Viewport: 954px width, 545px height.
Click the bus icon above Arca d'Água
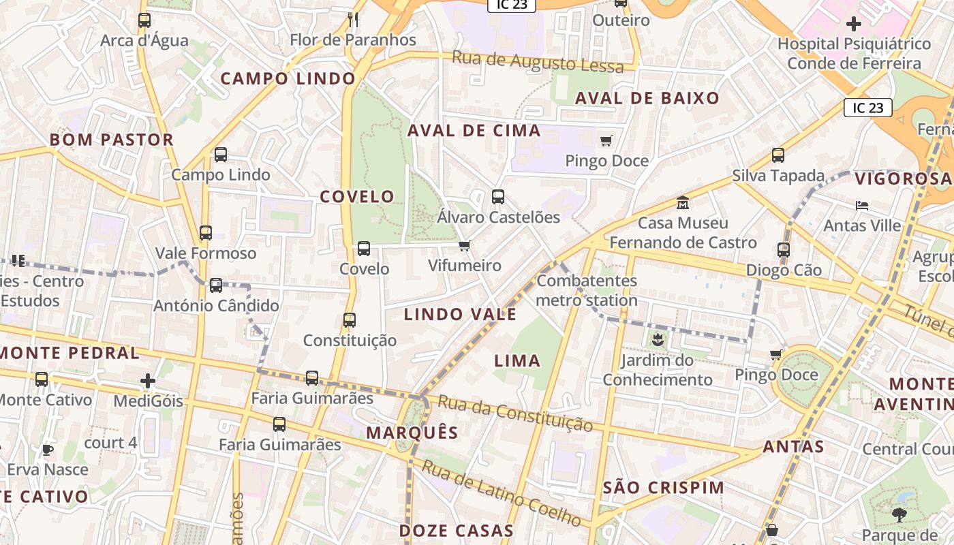(x=144, y=20)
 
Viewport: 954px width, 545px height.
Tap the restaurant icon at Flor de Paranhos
(x=352, y=19)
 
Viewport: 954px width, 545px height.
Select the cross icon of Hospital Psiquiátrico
(x=853, y=24)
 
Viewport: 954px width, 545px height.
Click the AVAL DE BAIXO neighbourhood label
(x=647, y=98)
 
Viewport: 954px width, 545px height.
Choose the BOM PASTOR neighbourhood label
(x=112, y=140)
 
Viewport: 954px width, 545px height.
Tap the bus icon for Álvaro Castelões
(x=498, y=197)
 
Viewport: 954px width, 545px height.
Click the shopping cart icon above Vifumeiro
(x=464, y=245)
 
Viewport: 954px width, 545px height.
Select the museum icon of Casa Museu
(x=682, y=202)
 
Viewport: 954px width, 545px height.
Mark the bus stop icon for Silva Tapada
(x=778, y=155)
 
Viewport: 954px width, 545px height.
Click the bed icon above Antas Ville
(x=862, y=205)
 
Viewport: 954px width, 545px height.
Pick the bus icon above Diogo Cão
(x=784, y=249)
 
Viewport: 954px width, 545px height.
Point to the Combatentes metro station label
(x=587, y=290)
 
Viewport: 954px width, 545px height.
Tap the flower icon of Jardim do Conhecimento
(x=657, y=339)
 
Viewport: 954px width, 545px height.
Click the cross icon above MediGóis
(x=148, y=380)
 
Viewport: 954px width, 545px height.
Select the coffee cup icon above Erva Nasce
(x=47, y=450)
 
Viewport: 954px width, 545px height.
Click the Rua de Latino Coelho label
(x=502, y=494)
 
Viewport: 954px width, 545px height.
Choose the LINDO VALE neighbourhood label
(x=460, y=314)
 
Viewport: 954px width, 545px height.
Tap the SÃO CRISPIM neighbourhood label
(x=664, y=488)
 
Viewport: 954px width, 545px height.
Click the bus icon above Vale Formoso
(x=205, y=233)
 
